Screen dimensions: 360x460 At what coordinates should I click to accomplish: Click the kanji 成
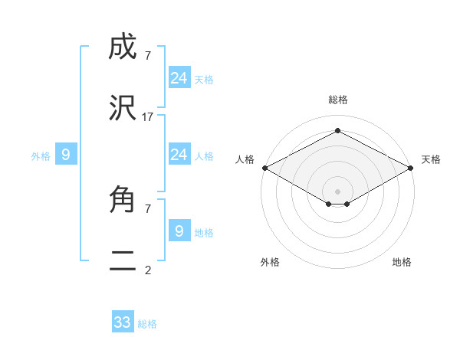pos(123,48)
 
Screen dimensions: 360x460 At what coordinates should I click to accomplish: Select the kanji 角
pos(123,201)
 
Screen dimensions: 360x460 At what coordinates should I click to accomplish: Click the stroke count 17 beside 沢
pos(148,116)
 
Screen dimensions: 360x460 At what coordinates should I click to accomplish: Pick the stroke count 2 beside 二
pos(148,270)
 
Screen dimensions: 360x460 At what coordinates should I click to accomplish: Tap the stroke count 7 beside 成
pos(148,55)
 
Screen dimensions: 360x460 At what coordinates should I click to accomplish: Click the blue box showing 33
pos(123,322)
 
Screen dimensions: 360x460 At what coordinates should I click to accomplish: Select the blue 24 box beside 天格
pos(179,78)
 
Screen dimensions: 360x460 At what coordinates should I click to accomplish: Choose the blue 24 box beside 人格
pos(179,155)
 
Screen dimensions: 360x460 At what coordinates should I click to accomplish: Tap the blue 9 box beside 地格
pos(179,231)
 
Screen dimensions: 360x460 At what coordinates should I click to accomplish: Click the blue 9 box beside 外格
pos(66,155)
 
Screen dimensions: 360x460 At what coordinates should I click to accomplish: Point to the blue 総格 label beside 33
pos(147,324)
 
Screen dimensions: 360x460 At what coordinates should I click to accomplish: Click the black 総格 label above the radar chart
pos(338,100)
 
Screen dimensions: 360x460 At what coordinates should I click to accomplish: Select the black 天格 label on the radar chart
pos(431,159)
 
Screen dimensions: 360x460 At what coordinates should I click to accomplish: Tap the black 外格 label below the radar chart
pos(270,263)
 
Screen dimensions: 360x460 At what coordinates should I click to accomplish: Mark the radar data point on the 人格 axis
pos(264,168)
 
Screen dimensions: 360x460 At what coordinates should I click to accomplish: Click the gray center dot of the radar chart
pos(338,191)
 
